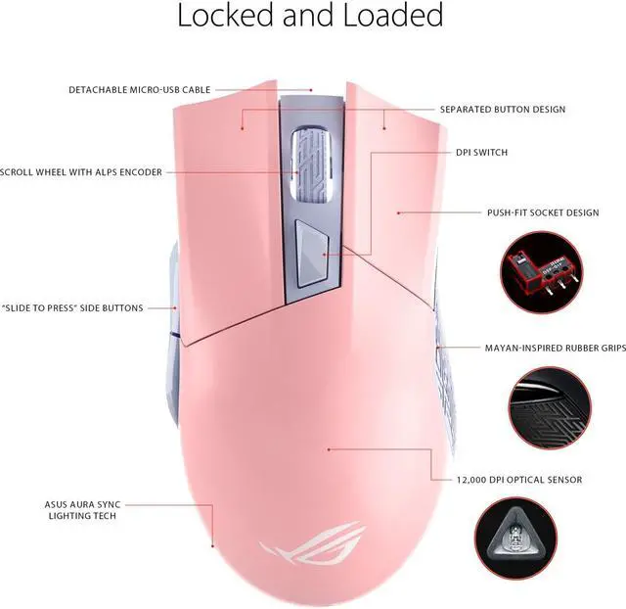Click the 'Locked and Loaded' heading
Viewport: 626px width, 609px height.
(310, 16)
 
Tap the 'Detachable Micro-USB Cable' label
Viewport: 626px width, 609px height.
(140, 90)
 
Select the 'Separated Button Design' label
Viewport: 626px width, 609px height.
(503, 110)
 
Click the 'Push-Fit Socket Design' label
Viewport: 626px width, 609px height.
(543, 212)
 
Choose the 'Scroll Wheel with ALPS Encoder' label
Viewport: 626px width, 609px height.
(81, 172)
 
